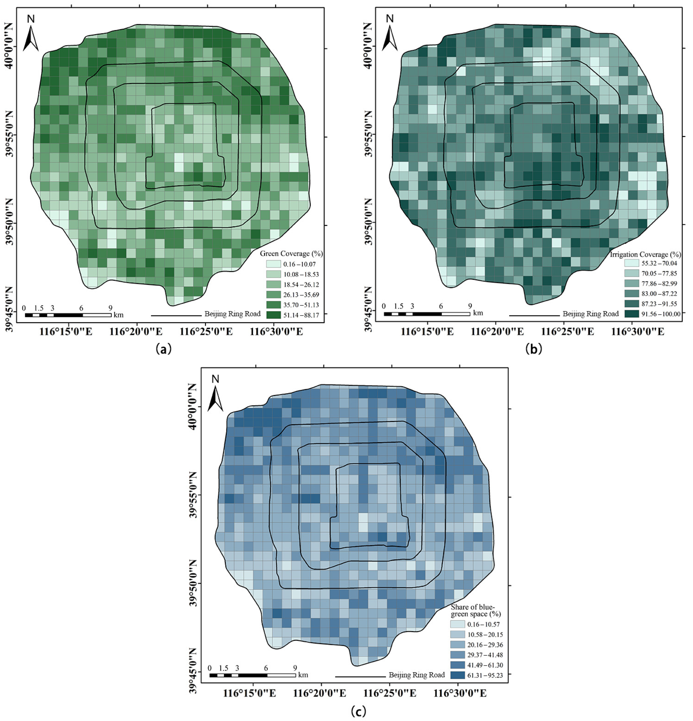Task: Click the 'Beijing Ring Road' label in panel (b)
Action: [591, 314]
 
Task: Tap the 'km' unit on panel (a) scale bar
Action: [118, 315]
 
